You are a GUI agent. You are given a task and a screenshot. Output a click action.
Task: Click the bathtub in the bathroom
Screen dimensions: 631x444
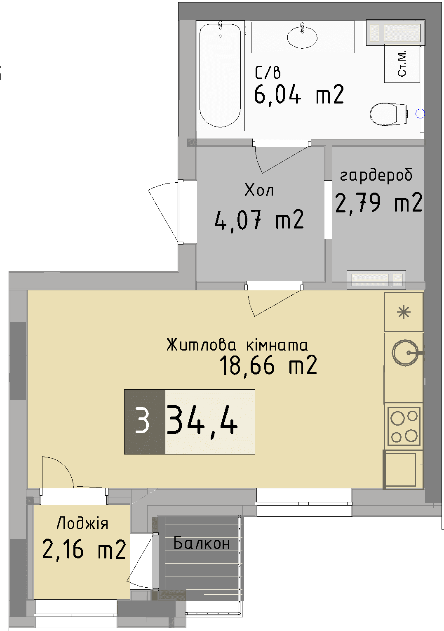click(220, 76)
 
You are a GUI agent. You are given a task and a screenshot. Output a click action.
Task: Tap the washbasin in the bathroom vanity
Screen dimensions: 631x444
click(302, 38)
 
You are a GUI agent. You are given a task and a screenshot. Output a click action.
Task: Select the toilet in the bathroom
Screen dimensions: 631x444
click(388, 114)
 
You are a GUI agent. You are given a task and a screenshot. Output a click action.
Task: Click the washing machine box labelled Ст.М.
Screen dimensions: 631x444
click(402, 64)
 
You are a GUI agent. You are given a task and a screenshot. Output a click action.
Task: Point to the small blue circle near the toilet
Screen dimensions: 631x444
click(420, 114)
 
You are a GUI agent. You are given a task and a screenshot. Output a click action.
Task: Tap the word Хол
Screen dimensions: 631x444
click(259, 190)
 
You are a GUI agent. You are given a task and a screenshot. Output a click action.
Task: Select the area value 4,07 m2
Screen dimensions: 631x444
click(259, 219)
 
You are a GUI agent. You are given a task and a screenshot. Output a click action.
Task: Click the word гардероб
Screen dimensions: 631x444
click(376, 175)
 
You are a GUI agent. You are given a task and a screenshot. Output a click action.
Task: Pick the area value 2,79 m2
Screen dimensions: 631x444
click(378, 202)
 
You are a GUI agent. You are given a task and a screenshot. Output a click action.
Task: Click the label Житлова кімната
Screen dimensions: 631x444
click(237, 345)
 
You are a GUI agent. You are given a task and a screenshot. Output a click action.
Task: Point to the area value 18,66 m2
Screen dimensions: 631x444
click(268, 365)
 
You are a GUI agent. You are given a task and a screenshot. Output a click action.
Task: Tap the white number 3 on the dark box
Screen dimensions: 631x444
click(143, 421)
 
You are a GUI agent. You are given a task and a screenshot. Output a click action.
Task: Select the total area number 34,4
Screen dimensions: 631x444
click(202, 421)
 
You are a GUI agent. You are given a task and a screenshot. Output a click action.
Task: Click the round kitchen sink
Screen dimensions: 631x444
click(404, 353)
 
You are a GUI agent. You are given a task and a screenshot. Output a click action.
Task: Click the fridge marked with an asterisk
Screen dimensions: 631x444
click(404, 312)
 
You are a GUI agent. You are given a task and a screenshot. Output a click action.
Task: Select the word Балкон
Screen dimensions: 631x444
click(202, 543)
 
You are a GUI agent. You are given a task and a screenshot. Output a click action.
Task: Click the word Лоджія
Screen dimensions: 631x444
click(82, 523)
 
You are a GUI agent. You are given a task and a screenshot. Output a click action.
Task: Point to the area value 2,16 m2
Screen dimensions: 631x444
click(84, 549)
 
